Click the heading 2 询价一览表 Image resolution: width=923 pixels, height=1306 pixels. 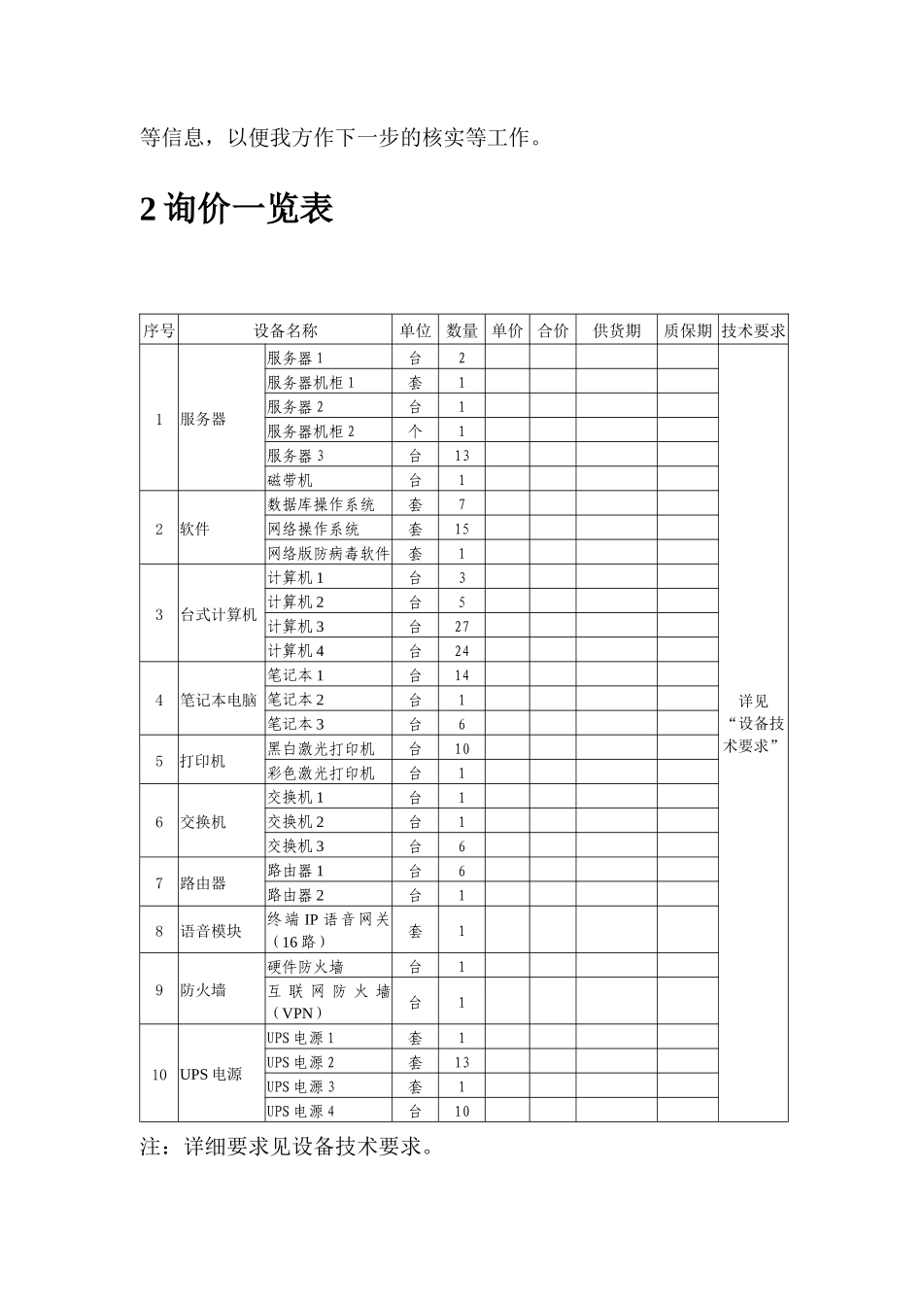(237, 209)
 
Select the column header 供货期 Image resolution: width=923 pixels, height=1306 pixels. (617, 330)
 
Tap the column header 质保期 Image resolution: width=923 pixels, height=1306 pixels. (688, 330)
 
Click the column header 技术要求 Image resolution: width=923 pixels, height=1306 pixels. (753, 330)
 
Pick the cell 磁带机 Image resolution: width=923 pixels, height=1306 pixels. (291, 480)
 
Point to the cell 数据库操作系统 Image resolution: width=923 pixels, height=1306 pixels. (321, 504)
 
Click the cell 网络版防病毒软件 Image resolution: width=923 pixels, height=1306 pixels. (328, 553)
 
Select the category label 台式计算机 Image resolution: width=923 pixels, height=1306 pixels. (219, 614)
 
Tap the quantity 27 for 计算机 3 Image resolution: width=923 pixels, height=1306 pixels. (461, 627)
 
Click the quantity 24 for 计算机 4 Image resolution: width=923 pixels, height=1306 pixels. (461, 651)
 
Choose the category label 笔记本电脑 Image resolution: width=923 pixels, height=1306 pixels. (219, 700)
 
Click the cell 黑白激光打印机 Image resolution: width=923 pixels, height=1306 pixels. (321, 749)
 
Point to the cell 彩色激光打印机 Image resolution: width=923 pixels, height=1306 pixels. (321, 773)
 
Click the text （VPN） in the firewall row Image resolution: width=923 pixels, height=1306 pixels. (296, 1013)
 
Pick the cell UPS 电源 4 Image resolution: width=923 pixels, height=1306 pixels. (300, 1111)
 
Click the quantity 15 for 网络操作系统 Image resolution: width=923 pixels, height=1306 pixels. (461, 529)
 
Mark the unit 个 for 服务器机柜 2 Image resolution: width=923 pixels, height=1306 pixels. (416, 431)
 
